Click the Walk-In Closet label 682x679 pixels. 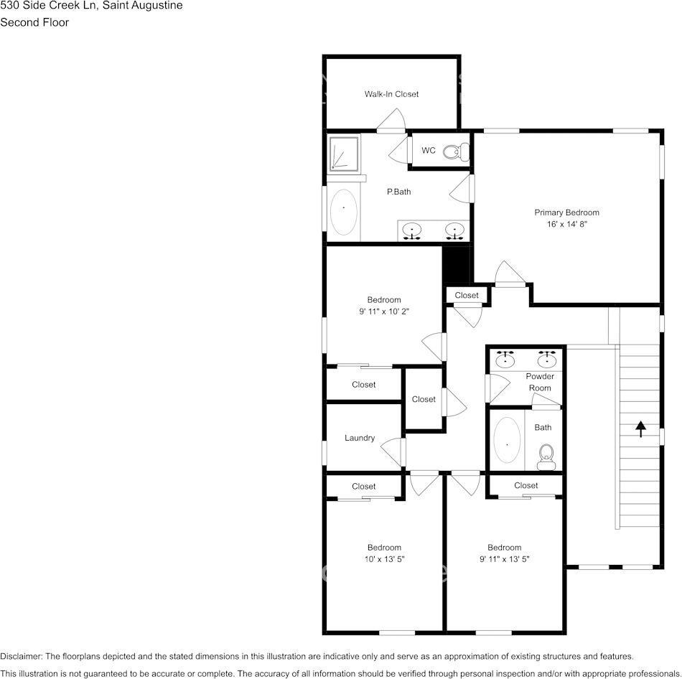(391, 94)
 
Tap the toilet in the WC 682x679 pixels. (455, 151)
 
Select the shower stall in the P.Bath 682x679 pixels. (347, 154)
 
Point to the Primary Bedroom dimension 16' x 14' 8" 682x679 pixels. (566, 224)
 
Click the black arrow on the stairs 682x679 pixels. (640, 429)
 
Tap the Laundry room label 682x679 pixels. (360, 438)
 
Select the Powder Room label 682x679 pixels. (540, 382)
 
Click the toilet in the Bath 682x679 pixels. (547, 456)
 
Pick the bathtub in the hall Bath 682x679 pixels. (507, 442)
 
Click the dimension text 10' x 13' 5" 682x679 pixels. (384, 558)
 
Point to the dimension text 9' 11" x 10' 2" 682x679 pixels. (384, 312)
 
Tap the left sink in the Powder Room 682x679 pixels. (506, 358)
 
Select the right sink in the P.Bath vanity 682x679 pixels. (454, 231)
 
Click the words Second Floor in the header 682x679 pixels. (34, 22)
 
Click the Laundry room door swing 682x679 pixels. (393, 451)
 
